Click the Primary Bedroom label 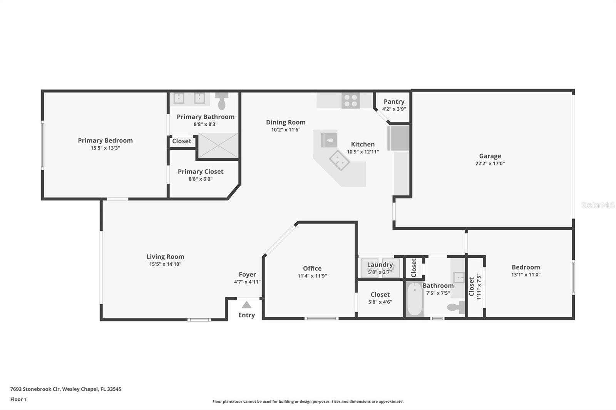pos(105,140)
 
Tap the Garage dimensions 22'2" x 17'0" pos(490,163)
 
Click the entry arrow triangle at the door pos(246,305)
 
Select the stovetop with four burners pos(350,100)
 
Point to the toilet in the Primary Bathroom pos(222,102)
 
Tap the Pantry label pos(394,102)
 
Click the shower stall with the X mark pos(218,145)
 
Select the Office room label pos(312,268)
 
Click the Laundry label pos(380,265)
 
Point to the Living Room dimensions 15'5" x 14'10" pos(165,264)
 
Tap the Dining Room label pos(286,122)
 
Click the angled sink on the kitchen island pos(339,160)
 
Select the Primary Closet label pos(201,172)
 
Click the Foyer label pos(247,275)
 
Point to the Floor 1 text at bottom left pos(18,399)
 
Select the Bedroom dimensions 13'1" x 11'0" pos(526,275)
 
